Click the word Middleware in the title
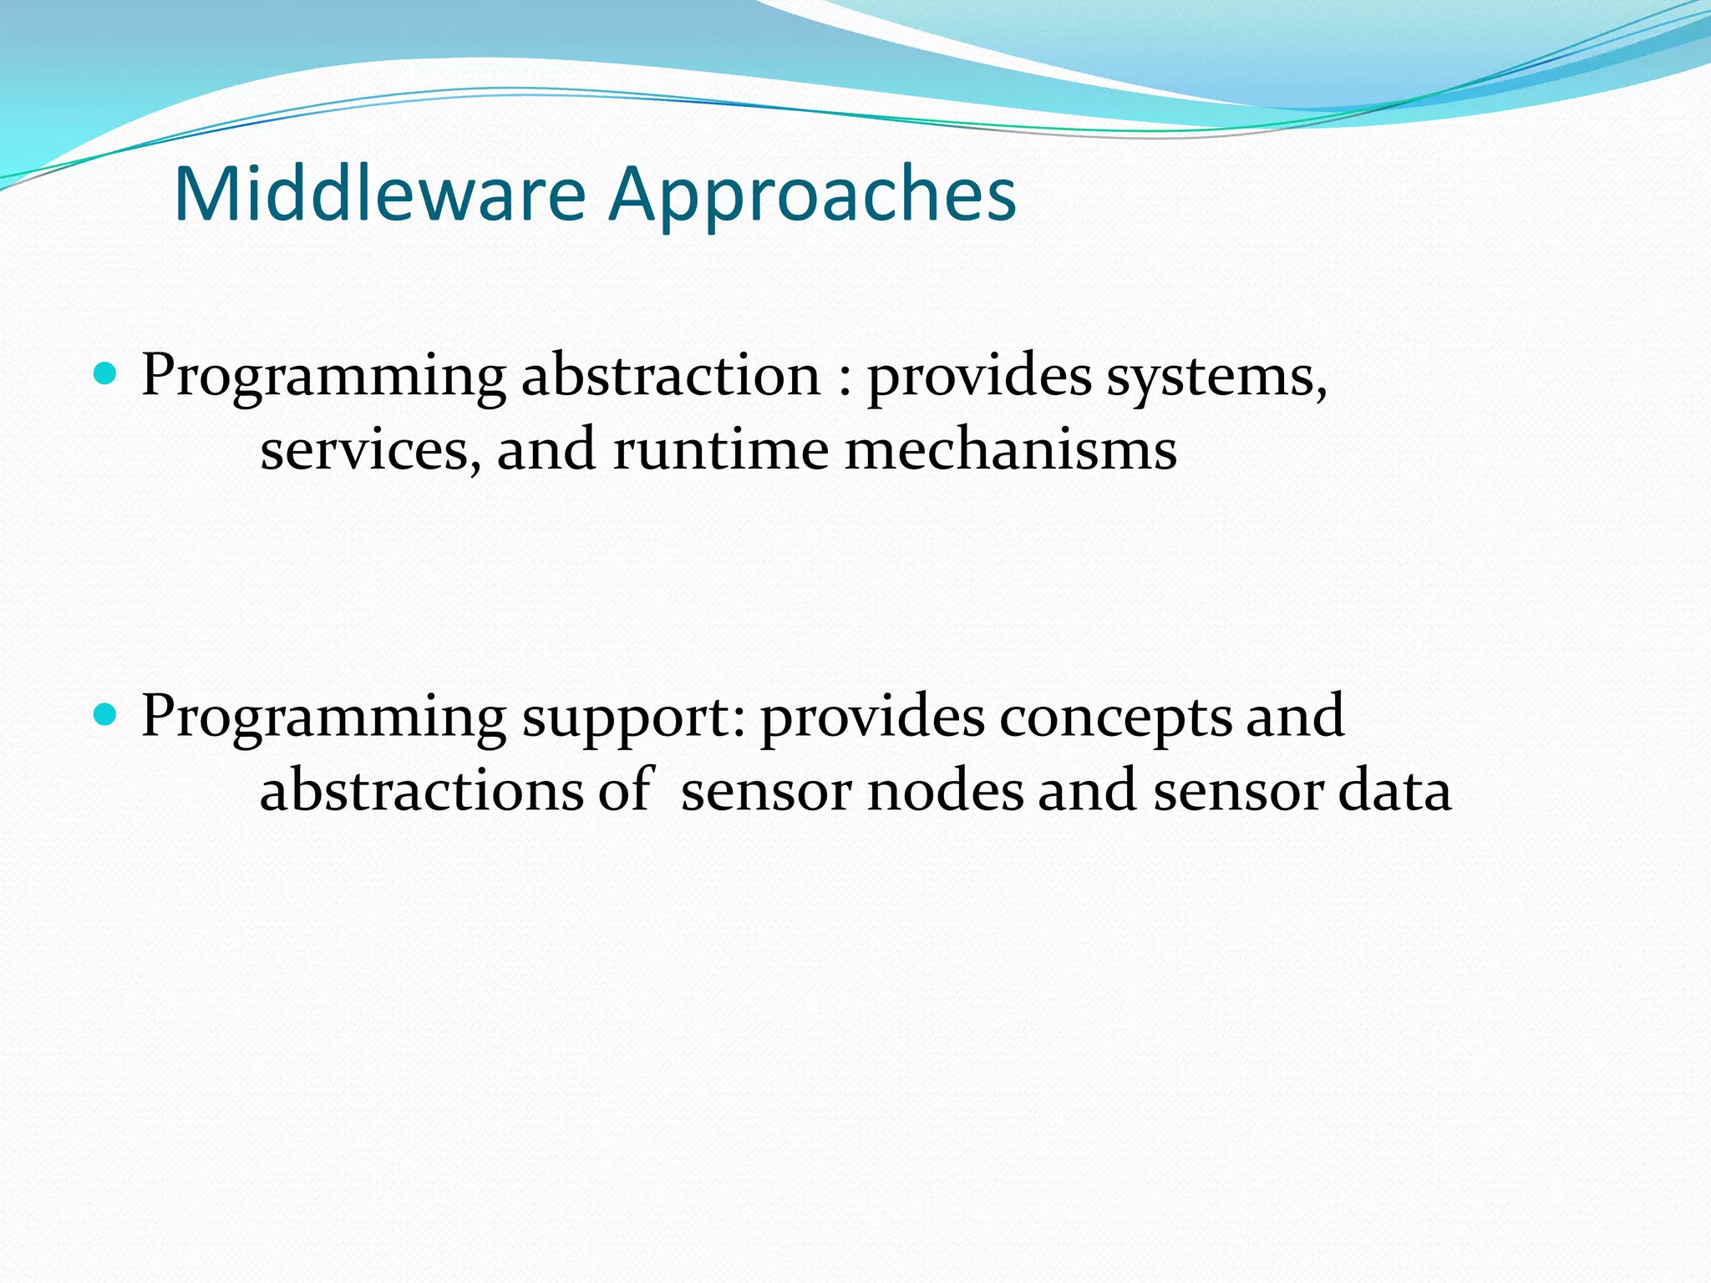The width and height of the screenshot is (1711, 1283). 380,194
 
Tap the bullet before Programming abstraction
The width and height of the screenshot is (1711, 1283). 105,373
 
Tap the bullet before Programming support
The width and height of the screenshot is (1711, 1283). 105,713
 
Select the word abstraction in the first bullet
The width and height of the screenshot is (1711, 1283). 671,375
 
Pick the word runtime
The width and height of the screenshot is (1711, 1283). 721,451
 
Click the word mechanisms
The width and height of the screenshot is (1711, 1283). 1010,451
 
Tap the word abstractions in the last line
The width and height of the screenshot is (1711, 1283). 421,790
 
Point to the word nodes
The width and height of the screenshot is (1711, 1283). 945,790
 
